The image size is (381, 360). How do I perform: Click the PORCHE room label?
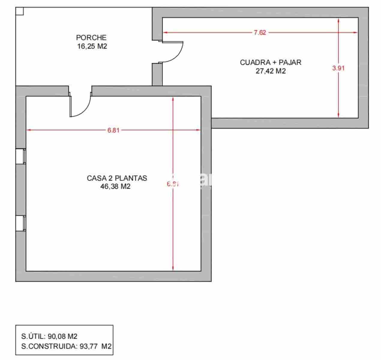coord(91,37)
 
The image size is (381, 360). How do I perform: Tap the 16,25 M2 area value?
coord(92,46)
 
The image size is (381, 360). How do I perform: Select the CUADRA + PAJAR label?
coord(271,62)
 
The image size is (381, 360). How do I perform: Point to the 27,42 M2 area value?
coord(271,71)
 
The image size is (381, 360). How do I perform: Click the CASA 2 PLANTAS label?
coord(117,178)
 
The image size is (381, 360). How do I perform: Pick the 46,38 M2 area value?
coord(116,187)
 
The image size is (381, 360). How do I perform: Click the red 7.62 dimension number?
coord(260,33)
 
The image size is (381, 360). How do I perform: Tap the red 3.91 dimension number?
coord(338,68)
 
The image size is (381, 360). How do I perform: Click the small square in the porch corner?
coord(19,11)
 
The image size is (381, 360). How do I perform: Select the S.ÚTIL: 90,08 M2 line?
coord(49,336)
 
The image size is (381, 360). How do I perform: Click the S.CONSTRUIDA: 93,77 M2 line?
coord(66,346)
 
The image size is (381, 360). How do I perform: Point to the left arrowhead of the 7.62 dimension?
coord(164,33)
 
